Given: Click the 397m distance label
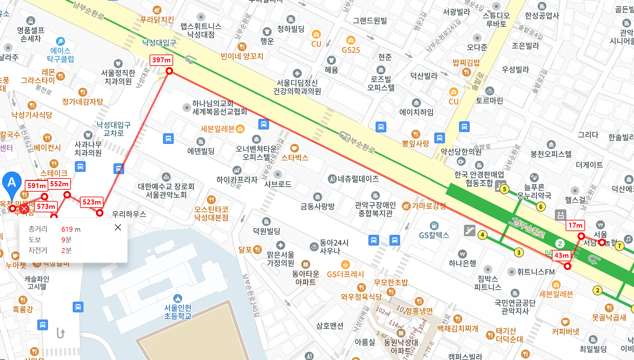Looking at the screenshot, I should click(x=161, y=60).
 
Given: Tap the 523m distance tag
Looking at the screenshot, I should click(x=92, y=202).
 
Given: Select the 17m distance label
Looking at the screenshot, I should click(x=575, y=225).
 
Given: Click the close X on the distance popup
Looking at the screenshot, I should click(x=118, y=227).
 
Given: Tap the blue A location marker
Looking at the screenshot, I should click(x=12, y=182).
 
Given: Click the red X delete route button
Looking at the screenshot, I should click(x=24, y=209).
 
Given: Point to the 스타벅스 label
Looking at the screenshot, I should click(x=295, y=157).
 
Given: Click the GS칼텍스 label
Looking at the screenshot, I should click(x=434, y=235).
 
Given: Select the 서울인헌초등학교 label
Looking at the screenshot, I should click(x=178, y=312).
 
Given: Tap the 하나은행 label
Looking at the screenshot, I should click(x=462, y=263).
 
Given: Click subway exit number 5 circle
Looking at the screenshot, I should click(x=504, y=189).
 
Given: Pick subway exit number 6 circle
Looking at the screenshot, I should click(x=541, y=207).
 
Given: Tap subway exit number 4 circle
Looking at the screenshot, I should click(x=483, y=235).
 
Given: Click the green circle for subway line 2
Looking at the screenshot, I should click(x=560, y=244).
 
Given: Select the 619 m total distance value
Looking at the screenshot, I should click(x=71, y=229).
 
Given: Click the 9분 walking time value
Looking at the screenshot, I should click(x=66, y=240).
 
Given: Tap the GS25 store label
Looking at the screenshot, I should click(x=351, y=50).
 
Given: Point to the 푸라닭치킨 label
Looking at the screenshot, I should click(x=157, y=20).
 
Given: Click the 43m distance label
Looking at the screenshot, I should click(x=561, y=255).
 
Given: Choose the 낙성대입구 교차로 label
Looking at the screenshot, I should click(x=114, y=129).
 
